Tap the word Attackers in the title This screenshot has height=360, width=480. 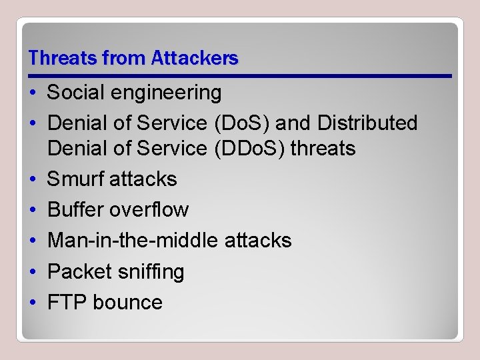195,59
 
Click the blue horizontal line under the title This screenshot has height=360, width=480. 240,75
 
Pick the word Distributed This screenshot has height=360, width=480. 367,123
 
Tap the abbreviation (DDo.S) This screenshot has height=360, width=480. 249,148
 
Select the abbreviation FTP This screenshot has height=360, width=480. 67,302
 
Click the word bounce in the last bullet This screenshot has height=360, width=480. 127,302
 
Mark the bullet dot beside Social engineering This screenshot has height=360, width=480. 33,93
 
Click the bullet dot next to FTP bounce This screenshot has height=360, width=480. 33,302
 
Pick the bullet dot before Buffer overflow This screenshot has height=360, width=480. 33,209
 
